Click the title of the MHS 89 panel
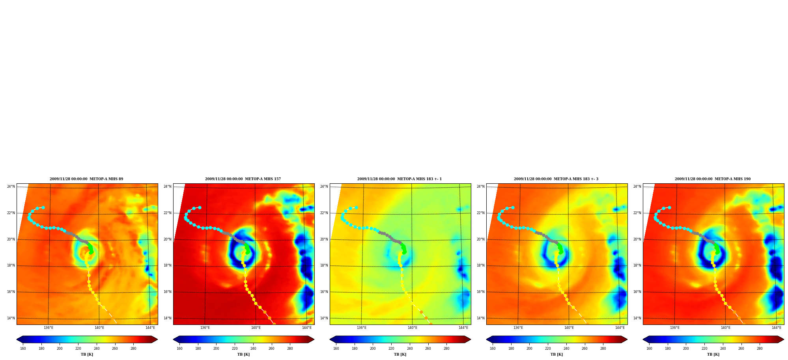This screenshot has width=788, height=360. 86,179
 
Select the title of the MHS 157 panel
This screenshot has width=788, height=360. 243,179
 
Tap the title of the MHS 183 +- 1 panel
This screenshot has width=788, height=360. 400,179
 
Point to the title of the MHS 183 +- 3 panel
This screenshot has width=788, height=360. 556,179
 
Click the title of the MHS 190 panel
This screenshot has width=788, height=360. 713,179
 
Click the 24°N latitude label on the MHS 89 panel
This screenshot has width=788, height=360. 11,187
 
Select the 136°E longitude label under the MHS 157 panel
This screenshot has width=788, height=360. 205,328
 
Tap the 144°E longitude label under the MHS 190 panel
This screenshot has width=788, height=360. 777,328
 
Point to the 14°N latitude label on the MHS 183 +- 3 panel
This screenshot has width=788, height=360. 481,318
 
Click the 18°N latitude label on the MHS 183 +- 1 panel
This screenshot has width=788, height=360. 324,265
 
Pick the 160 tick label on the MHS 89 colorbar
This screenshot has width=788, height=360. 23,349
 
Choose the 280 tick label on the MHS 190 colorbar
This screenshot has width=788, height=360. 760,349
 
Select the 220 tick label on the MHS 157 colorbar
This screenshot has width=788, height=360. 235,349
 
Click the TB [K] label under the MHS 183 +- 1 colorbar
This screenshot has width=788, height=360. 400,354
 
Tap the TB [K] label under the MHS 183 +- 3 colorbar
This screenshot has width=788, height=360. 556,354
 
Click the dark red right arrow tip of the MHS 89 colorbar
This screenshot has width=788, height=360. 157,339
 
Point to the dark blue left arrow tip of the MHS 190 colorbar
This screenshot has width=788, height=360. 643,339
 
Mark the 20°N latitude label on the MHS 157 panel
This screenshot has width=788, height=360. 168,239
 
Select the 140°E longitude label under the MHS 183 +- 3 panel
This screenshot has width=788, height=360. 569,328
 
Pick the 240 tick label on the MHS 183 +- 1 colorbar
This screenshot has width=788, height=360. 410,349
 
